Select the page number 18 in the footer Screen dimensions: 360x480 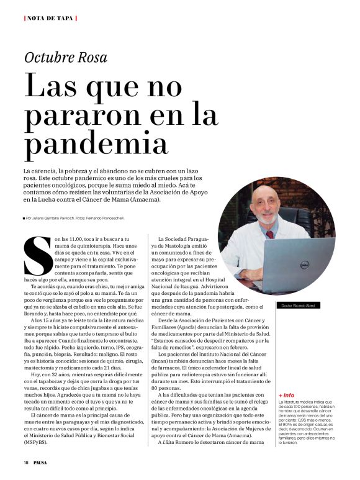coord(26,462)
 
